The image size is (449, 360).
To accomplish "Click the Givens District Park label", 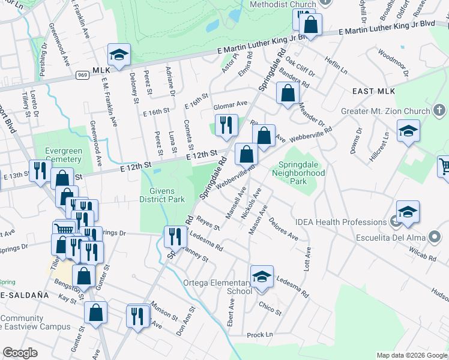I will coord(162,196).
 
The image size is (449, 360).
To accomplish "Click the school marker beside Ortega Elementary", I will coord(262,277).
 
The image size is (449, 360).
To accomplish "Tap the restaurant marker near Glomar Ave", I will coord(226,125).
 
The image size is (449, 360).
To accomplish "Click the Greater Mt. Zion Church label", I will coord(385,111).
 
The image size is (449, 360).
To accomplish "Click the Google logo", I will coord(20,353).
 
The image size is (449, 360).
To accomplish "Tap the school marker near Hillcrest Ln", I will coord(408,132).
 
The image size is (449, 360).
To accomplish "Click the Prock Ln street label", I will coord(259,334).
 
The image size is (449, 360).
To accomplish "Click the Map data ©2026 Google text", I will coord(412,355).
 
